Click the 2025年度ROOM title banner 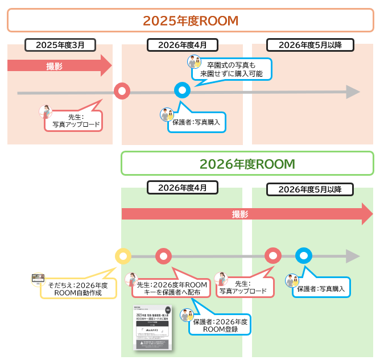pyautogui.click(x=190, y=21)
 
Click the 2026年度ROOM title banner pyautogui.click(x=247, y=164)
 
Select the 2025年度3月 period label pyautogui.click(x=60, y=45)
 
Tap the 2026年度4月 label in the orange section pyautogui.click(x=182, y=45)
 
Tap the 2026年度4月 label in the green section pyautogui.click(x=182, y=187)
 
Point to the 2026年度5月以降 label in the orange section pyautogui.click(x=310, y=45)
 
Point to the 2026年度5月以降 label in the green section pyautogui.click(x=310, y=189)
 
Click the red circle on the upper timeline pyautogui.click(x=122, y=90)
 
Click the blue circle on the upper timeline pyautogui.click(x=182, y=90)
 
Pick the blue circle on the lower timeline pyautogui.click(x=304, y=256)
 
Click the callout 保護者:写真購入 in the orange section pyautogui.click(x=196, y=122)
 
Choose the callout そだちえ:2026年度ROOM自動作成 pyautogui.click(x=77, y=288)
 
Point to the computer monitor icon pyautogui.click(x=38, y=278)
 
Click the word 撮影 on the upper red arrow pyautogui.click(x=55, y=66)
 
